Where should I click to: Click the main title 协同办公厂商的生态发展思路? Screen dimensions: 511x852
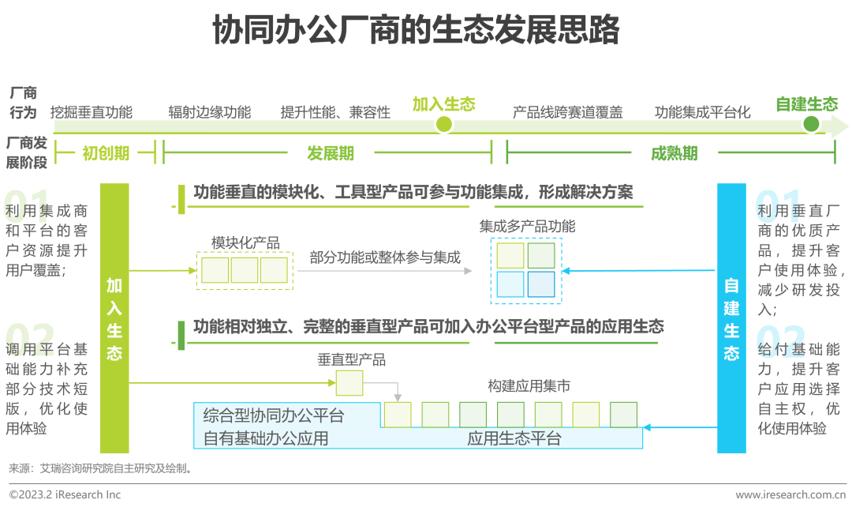point(416,31)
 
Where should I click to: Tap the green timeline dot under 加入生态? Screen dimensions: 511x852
point(444,123)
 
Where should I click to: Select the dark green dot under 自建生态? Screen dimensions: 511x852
point(810,123)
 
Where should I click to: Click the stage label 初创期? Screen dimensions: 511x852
point(106,153)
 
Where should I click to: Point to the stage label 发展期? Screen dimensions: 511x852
point(330,153)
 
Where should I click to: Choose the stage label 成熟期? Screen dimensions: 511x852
point(674,153)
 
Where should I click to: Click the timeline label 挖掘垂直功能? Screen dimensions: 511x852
point(91,112)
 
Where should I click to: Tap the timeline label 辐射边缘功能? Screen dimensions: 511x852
point(209,112)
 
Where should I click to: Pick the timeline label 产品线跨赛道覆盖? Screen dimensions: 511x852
point(567,112)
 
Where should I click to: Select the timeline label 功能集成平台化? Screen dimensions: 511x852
point(702,112)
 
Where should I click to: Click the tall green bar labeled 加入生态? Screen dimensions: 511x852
point(114,318)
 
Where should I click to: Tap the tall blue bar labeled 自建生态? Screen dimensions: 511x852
point(731,318)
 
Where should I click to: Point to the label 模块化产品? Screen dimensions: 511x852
point(245,243)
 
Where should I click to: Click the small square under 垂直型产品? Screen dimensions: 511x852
point(349,383)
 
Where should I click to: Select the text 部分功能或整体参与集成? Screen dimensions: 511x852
point(385,257)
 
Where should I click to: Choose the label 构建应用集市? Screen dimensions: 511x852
point(529,386)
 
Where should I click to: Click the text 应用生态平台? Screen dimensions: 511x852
point(514,438)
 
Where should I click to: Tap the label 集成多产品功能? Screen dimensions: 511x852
point(527,227)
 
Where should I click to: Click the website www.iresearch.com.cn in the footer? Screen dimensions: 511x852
point(790,495)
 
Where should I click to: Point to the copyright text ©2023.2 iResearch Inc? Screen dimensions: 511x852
point(65,495)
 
